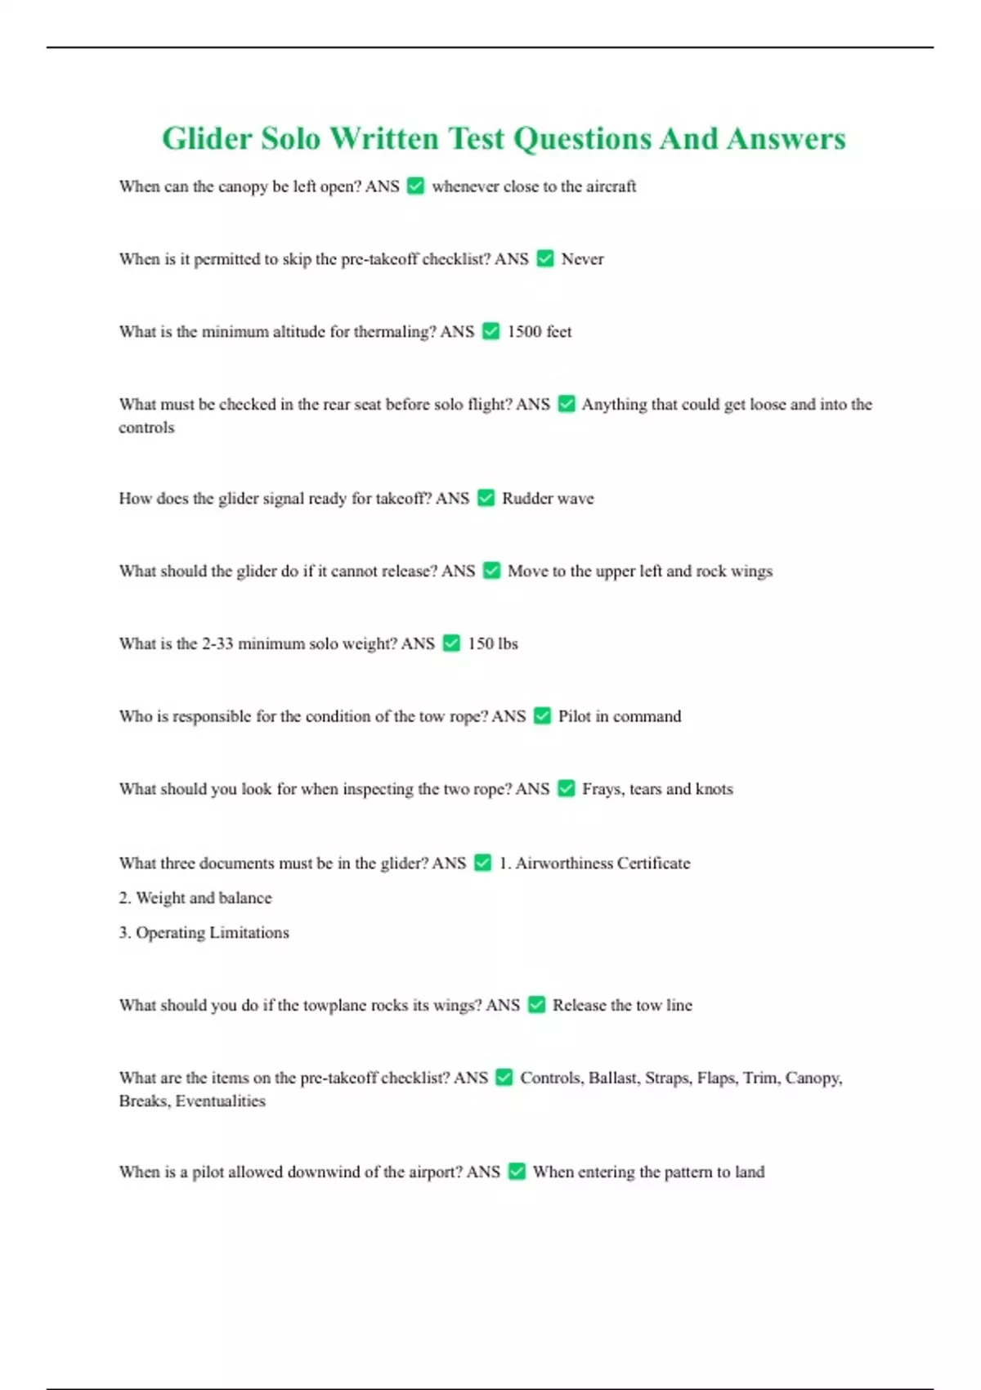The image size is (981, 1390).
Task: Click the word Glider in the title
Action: coord(207,139)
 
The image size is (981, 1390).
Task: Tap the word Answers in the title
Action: coord(786,139)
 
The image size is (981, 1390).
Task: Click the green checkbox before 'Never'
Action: coord(545,259)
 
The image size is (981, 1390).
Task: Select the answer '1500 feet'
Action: coord(539,332)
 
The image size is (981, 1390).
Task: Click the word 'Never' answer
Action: coord(582,259)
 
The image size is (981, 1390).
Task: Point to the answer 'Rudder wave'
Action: coord(548,499)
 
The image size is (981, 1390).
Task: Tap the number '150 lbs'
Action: coord(492,644)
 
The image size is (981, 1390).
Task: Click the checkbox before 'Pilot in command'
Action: coord(542,716)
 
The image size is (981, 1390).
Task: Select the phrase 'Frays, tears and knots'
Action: coord(657,789)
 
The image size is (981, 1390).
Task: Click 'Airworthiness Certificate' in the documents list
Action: coord(602,863)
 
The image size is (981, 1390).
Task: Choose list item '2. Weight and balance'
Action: coord(195,898)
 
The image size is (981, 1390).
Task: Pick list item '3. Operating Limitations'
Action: coord(204,933)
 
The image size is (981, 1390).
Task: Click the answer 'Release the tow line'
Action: coord(622,1006)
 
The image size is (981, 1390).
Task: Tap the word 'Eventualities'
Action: coord(221,1101)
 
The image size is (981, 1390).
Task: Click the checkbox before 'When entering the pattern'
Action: coord(517,1172)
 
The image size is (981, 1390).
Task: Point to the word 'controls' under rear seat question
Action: coord(146,428)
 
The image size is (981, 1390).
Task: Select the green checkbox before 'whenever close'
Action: coord(415,186)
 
